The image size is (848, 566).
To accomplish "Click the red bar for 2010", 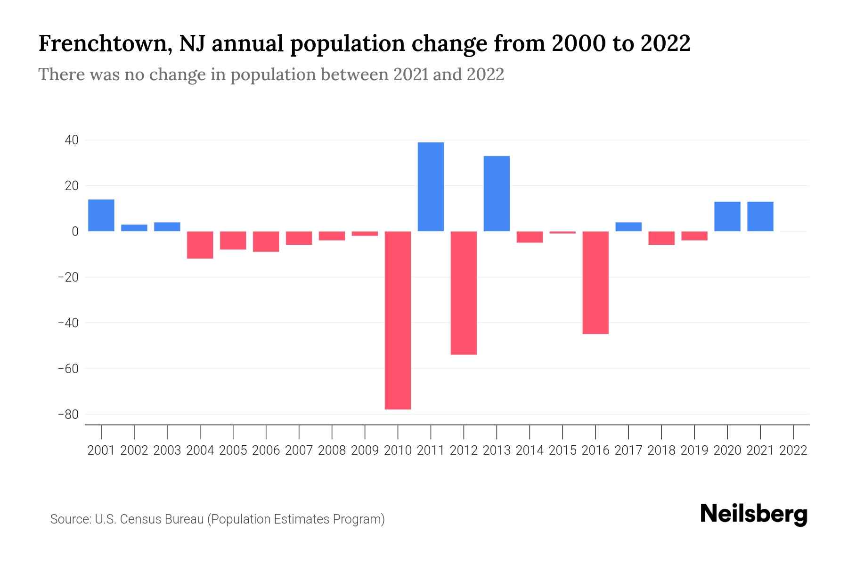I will (398, 320).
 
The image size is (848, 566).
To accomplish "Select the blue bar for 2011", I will (431, 187).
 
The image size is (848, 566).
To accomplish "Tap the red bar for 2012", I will (464, 292).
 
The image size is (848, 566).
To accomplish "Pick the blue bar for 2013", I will (497, 193).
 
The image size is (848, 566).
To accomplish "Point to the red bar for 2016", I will (595, 282).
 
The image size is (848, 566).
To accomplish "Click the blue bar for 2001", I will (101, 215).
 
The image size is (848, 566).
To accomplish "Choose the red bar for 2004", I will (200, 244).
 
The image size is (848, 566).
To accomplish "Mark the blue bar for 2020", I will (727, 216).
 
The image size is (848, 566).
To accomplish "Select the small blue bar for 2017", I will (628, 226).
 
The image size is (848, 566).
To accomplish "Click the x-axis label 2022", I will (793, 450).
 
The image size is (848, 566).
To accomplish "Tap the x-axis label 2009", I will (365, 450).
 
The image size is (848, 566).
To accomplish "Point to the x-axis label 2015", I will (563, 450).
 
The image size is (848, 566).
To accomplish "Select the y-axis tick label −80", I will (68, 415).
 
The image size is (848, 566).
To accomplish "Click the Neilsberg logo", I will (754, 514).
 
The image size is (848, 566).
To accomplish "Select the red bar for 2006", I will (266, 241).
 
